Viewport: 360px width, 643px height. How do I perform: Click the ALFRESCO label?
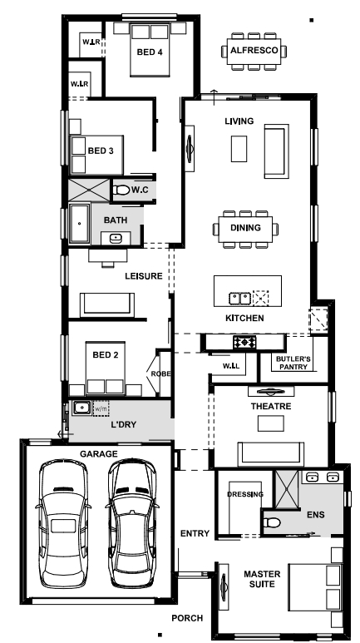254,51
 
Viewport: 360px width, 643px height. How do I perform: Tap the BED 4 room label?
150,52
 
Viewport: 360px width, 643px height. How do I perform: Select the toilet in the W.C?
121,190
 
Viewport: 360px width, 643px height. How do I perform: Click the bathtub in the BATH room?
80,223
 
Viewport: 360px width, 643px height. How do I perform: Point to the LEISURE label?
144,276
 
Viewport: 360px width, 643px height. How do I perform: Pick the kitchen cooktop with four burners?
244,342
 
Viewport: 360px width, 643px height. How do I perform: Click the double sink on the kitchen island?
240,298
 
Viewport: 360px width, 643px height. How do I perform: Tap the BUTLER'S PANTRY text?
293,363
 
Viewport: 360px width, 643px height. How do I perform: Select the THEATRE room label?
271,407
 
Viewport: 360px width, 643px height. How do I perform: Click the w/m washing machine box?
101,409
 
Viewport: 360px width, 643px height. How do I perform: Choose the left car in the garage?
63,523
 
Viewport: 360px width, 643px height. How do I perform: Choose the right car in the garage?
132,523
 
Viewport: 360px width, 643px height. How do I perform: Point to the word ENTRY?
195,533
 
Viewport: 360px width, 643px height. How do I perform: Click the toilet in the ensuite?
271,522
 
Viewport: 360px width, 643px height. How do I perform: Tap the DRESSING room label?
245,494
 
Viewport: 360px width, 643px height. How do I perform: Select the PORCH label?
187,618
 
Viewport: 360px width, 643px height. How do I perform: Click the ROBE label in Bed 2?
160,374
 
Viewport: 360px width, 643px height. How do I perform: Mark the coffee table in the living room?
239,148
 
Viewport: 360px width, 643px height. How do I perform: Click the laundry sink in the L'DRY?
82,408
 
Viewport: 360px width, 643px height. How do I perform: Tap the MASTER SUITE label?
262,579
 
